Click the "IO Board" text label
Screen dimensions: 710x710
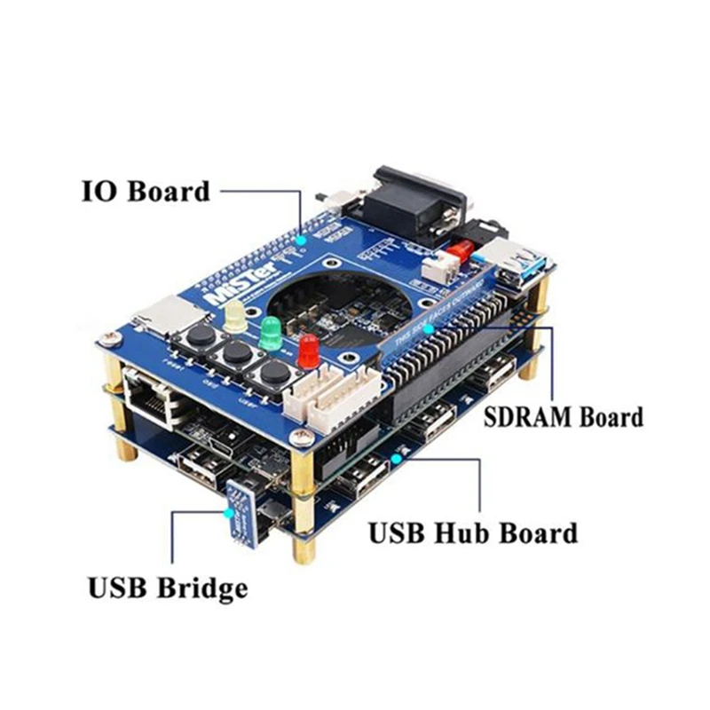click(146, 191)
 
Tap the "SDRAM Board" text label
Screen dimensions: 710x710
click(564, 417)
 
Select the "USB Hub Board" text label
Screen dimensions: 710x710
click(473, 533)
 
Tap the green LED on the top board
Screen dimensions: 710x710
click(271, 332)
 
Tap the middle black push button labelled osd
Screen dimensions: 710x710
click(236, 353)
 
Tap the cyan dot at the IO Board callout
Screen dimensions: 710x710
click(303, 240)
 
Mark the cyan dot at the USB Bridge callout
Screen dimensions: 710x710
click(233, 512)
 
